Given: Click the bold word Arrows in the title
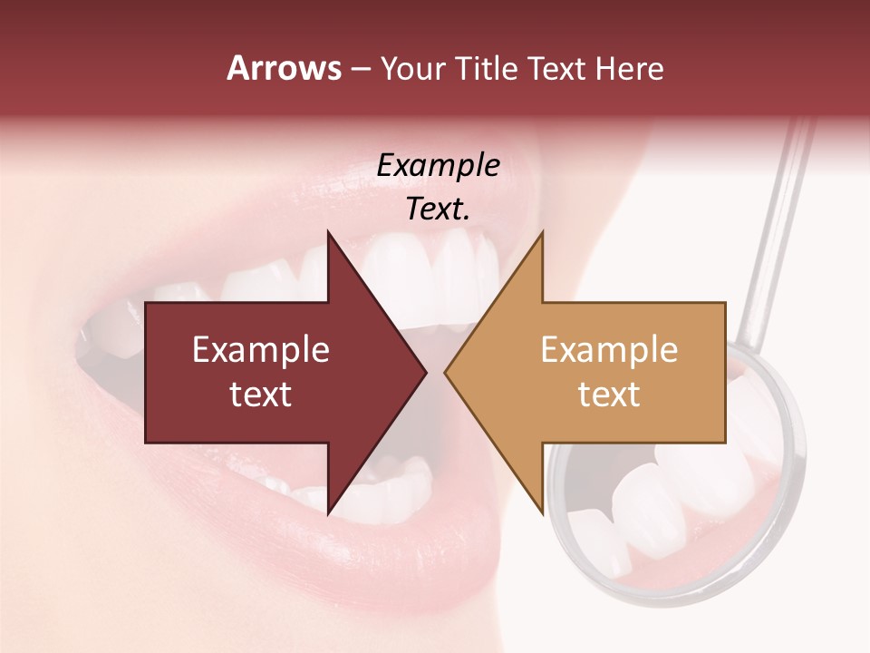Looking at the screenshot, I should pyautogui.click(x=284, y=68).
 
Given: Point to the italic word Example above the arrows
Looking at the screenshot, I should pyautogui.click(x=438, y=166).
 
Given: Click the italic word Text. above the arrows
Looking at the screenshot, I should pyautogui.click(x=438, y=209).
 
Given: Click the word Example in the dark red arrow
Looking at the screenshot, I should pyautogui.click(x=260, y=350).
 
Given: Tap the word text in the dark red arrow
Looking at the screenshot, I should pyautogui.click(x=260, y=394).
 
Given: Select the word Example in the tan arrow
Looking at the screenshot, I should pyautogui.click(x=609, y=350).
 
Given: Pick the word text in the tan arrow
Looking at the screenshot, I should pyautogui.click(x=609, y=394).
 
